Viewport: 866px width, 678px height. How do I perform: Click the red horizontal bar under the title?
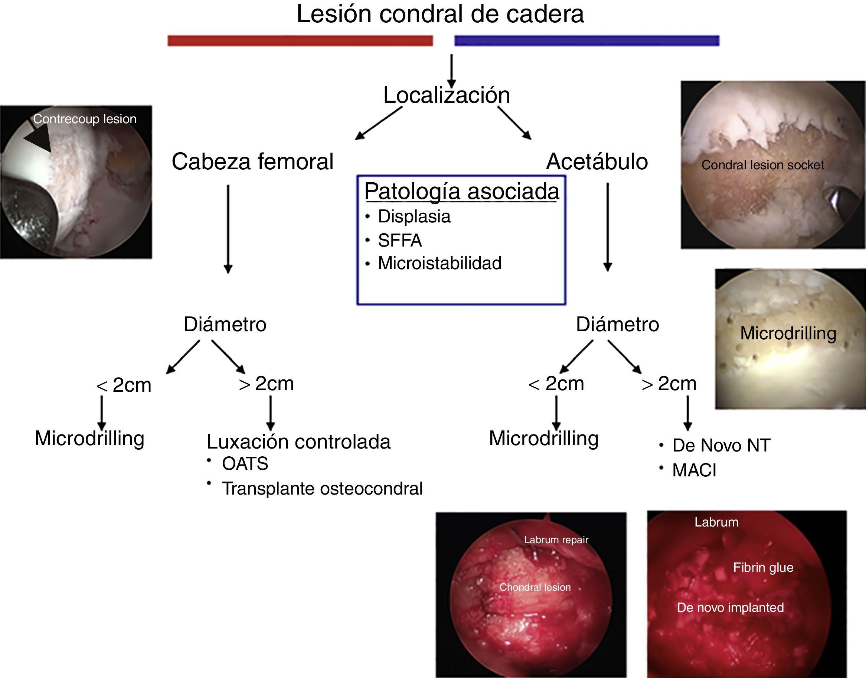click(300, 40)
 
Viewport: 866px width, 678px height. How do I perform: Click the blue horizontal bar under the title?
click(586, 40)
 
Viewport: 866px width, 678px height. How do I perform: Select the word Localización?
click(447, 95)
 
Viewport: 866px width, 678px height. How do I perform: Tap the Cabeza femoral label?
click(252, 162)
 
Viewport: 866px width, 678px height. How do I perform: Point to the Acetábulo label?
click(597, 162)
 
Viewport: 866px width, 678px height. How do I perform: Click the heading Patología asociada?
click(461, 191)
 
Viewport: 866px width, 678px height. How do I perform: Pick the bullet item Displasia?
click(414, 217)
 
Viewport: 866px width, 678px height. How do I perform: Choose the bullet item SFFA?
click(400, 241)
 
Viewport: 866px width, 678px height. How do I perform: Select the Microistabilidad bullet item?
click(439, 263)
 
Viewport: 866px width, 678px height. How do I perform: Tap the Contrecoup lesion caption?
click(85, 119)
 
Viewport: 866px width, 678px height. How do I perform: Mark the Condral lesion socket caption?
click(762, 165)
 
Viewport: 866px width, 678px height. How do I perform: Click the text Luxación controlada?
click(298, 442)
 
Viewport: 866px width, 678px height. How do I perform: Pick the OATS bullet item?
click(245, 464)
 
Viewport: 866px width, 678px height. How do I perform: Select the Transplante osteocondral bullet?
click(322, 489)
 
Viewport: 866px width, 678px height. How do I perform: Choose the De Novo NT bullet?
click(721, 446)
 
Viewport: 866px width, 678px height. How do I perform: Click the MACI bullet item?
click(694, 470)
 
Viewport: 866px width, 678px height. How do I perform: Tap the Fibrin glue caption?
click(763, 567)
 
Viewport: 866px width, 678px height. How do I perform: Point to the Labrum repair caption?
click(556, 540)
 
